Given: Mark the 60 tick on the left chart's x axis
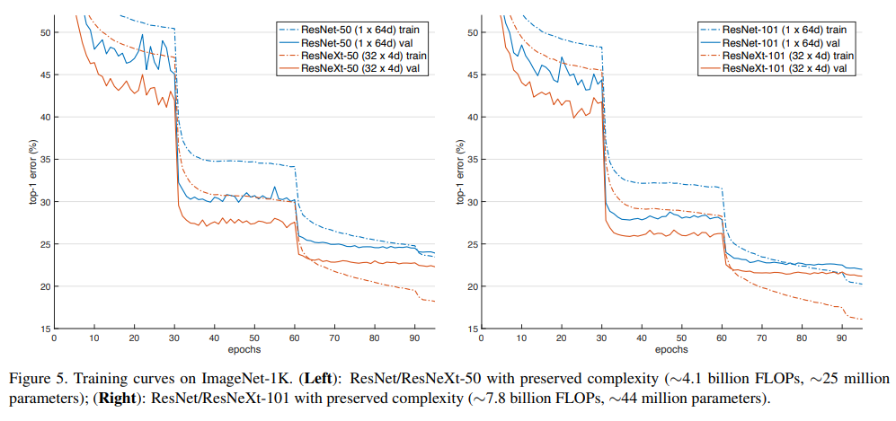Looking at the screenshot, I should (295, 338).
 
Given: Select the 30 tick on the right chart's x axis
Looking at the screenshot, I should (600, 338).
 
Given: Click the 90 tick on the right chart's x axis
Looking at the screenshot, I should (841, 338).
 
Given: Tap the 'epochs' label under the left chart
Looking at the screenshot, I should (244, 350).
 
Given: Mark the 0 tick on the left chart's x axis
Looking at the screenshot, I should (54, 338).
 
